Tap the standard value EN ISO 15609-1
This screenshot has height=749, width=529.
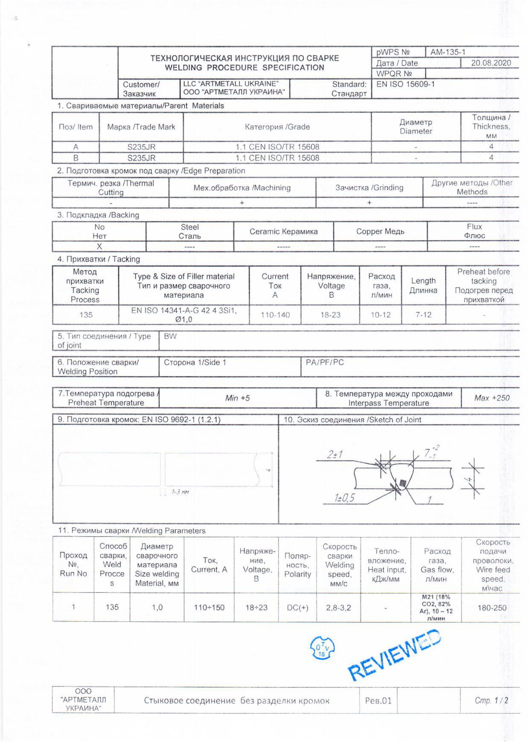405,85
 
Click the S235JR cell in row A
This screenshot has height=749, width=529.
141,147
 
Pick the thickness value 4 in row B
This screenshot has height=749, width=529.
491,158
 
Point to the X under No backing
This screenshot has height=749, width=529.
100,246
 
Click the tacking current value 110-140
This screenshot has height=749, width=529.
275,315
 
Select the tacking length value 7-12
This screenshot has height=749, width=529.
423,315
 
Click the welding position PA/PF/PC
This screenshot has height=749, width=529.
325,362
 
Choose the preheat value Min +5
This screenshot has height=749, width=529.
237,398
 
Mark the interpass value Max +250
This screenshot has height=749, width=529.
492,398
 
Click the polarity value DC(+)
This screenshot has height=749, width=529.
297,608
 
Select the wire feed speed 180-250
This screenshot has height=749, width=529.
492,608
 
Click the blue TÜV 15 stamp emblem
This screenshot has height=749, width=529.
322,648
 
